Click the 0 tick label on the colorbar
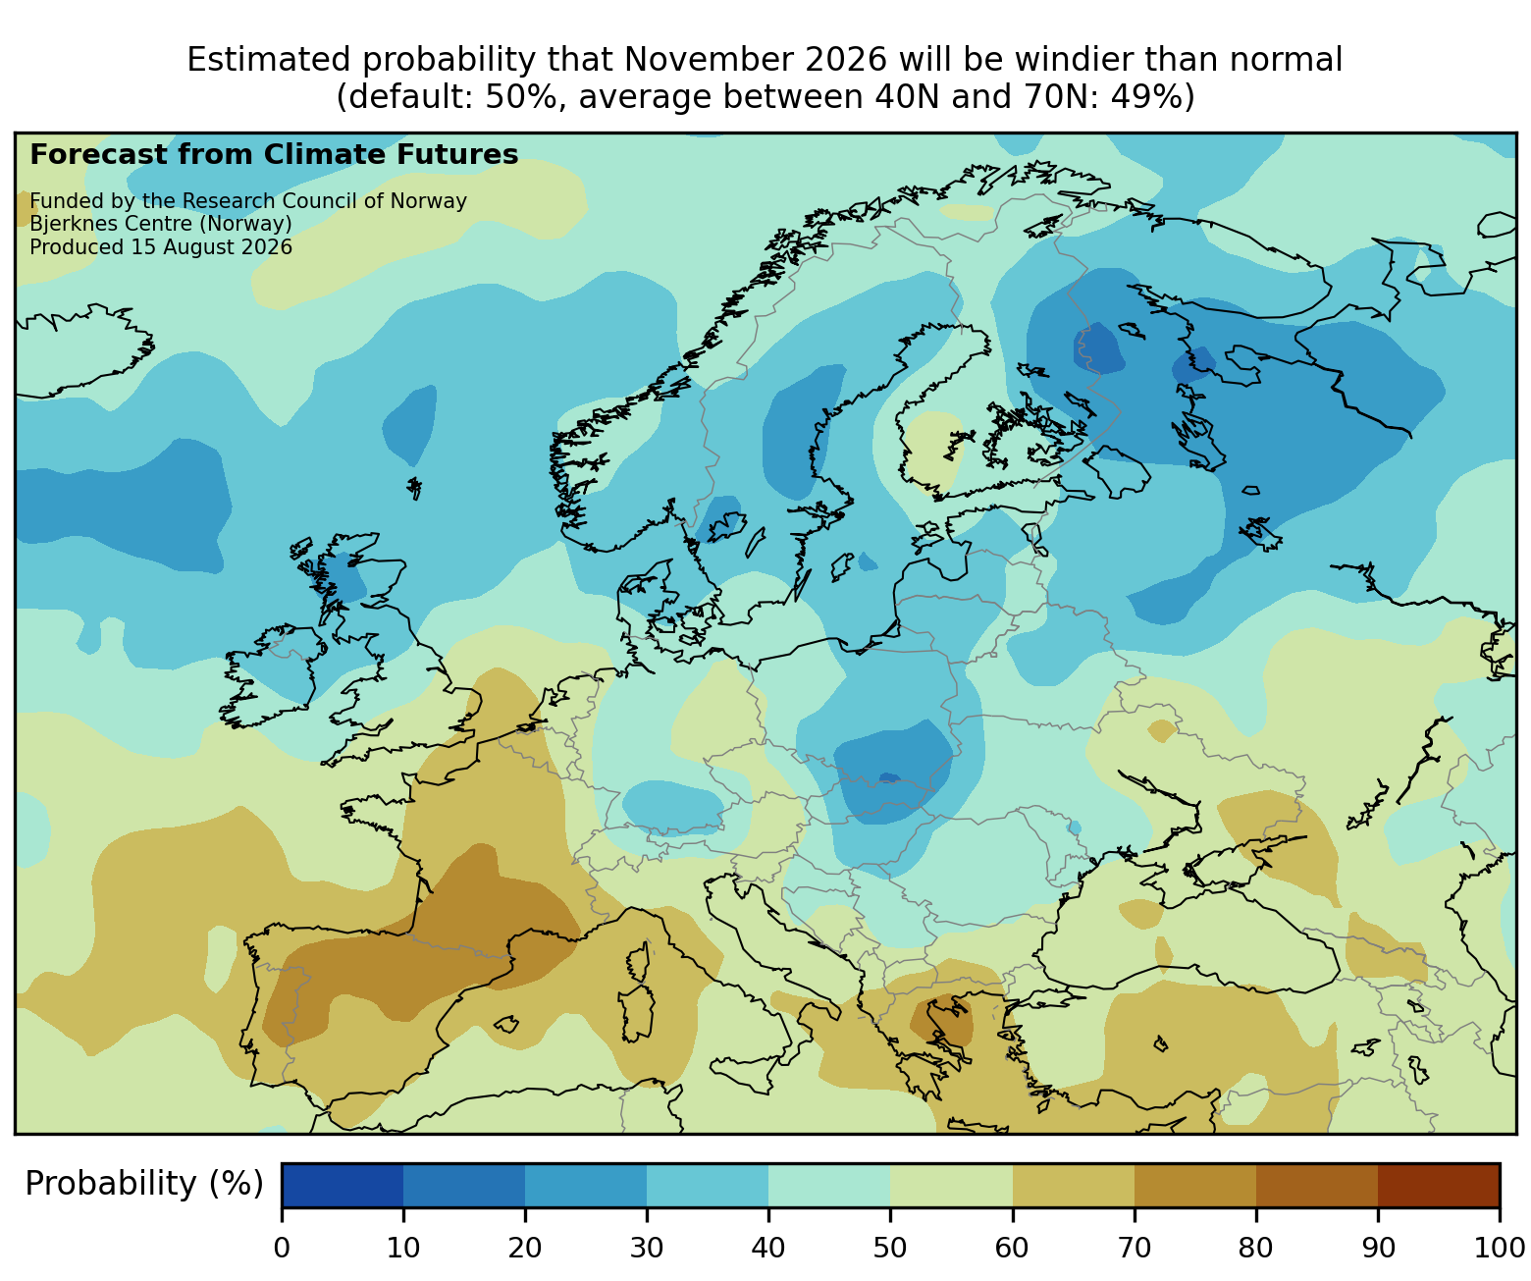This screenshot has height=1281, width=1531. [x=282, y=1247]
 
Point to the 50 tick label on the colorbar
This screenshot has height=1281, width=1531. [x=890, y=1247]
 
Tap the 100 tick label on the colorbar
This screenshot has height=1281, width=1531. [x=1499, y=1247]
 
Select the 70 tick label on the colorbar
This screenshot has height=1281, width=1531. [x=1134, y=1247]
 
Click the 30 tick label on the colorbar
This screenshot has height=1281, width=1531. [x=647, y=1247]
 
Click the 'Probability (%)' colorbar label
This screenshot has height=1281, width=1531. [x=143, y=1184]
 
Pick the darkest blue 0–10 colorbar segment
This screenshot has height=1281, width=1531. [x=343, y=1185]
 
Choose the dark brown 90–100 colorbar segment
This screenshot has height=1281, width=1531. [x=1438, y=1185]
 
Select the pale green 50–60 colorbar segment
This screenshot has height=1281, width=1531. [x=951, y=1185]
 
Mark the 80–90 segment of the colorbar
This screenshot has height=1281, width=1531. [x=1316, y=1185]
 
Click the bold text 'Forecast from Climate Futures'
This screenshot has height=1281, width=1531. [x=274, y=155]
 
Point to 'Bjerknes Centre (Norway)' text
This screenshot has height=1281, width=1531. [x=161, y=224]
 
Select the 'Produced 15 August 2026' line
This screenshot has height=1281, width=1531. [x=161, y=247]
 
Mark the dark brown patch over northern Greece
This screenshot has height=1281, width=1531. [x=941, y=1021]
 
